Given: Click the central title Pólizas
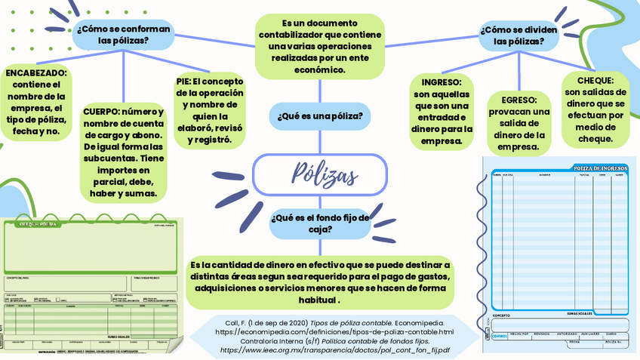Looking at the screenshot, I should click(x=325, y=175).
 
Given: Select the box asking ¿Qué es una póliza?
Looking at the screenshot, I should click(x=319, y=116).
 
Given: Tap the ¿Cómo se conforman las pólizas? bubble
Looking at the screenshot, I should click(x=123, y=35).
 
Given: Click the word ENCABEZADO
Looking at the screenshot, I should click(x=36, y=73).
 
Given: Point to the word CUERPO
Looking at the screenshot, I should click(x=101, y=111).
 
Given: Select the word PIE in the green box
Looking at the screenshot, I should click(x=182, y=82).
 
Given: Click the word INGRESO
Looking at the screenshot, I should click(x=442, y=82).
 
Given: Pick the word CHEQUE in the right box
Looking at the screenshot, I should click(x=595, y=80).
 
